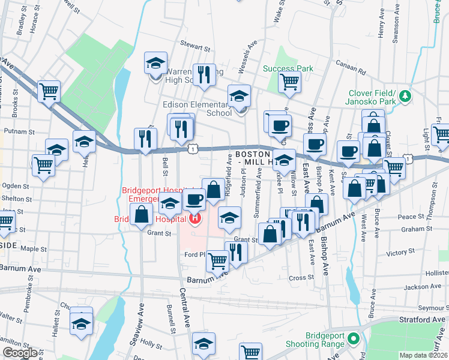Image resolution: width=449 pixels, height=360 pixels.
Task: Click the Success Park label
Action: (x=288, y=68)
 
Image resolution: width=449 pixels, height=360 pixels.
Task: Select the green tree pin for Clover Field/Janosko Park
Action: (x=406, y=95)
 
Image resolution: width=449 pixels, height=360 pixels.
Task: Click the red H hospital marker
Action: (x=194, y=219)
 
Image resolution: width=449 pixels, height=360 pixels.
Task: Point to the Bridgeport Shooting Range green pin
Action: (x=354, y=339)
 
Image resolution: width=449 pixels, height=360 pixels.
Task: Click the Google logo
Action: (x=20, y=353)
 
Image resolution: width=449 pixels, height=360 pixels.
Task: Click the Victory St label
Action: (x=397, y=253)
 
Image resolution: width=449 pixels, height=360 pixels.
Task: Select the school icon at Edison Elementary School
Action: (x=239, y=95)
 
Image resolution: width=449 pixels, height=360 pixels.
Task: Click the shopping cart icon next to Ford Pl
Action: (x=217, y=260)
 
